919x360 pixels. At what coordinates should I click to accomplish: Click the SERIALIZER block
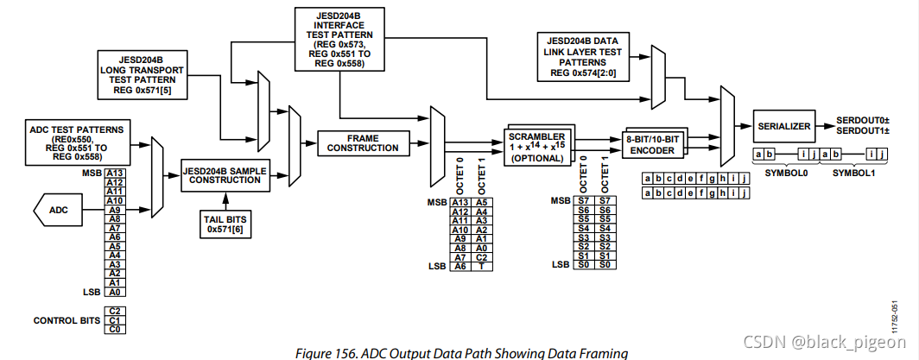click(x=783, y=126)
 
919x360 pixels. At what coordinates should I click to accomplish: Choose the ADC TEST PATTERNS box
click(x=75, y=141)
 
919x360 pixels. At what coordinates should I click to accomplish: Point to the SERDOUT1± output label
click(x=864, y=132)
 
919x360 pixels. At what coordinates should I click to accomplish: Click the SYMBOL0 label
click(x=783, y=172)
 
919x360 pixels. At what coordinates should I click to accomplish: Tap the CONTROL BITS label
click(x=67, y=320)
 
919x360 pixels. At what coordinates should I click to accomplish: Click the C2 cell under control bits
click(x=114, y=311)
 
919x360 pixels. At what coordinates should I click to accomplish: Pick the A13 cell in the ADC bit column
click(x=114, y=173)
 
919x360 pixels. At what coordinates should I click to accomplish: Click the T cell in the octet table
click(x=484, y=267)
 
